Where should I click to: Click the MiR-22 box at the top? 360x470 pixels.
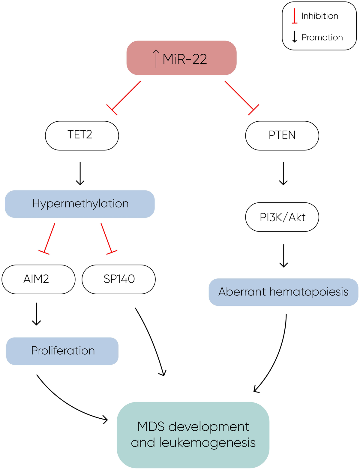pyautogui.click(x=181, y=58)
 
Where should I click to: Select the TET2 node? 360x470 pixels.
pyautogui.click(x=82, y=135)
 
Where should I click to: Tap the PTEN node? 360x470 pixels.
pyautogui.click(x=282, y=135)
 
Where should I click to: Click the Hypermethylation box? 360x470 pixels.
pyautogui.click(x=80, y=204)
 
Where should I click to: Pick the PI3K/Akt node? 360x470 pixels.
pyautogui.click(x=282, y=217)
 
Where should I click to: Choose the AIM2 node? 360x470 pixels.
pyautogui.click(x=38, y=279)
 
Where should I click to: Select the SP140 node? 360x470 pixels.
pyautogui.click(x=119, y=279)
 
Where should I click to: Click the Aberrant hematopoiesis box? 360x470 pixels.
pyautogui.click(x=283, y=292)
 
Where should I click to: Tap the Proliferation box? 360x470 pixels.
pyautogui.click(x=62, y=351)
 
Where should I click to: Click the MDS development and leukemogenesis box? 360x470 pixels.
pyautogui.click(x=193, y=435)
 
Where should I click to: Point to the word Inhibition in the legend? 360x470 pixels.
pyautogui.click(x=320, y=16)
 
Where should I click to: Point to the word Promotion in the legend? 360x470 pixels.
pyautogui.click(x=322, y=38)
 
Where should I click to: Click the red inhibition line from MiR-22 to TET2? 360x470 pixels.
pyautogui.click(x=126, y=96)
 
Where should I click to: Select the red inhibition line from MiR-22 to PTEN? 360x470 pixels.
pyautogui.click(x=239, y=96)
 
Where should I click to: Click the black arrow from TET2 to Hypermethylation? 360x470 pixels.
pyautogui.click(x=80, y=173)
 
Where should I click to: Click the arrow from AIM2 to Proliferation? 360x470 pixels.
pyautogui.click(x=36, y=314)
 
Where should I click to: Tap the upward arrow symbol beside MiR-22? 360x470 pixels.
pyautogui.click(x=156, y=59)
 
